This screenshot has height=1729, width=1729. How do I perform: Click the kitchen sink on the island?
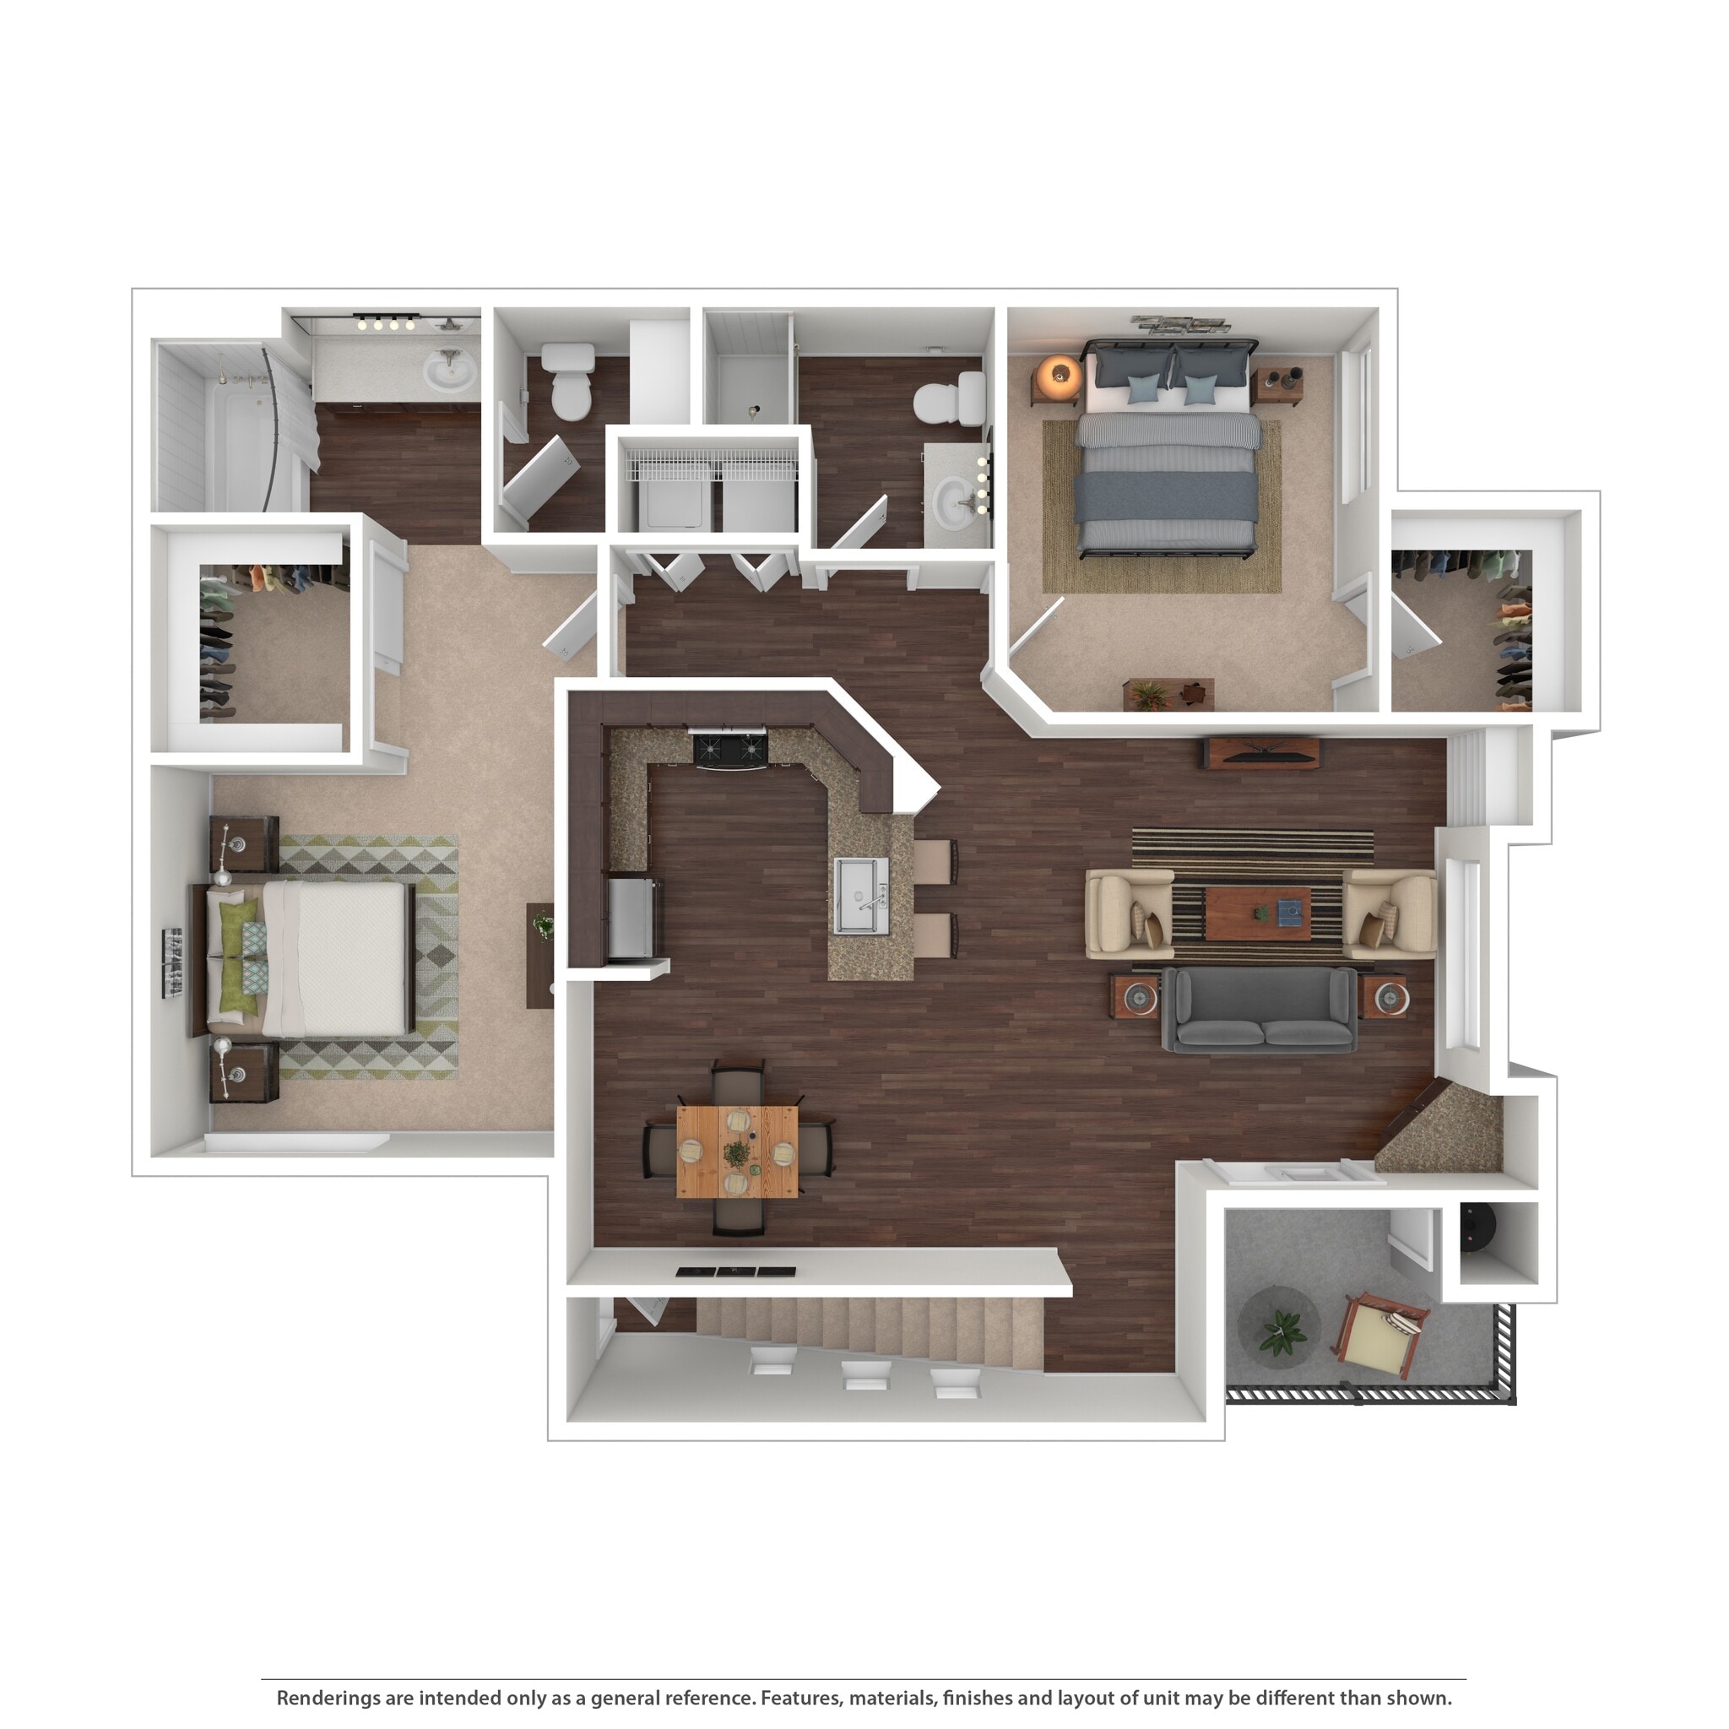[x=861, y=895]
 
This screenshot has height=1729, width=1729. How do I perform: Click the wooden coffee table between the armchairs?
[x=1257, y=913]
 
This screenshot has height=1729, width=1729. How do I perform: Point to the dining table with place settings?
[x=736, y=1152]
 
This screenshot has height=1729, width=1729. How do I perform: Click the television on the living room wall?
[x=1260, y=754]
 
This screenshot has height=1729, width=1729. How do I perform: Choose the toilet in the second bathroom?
[x=953, y=399]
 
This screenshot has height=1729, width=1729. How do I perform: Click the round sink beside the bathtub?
[x=448, y=370]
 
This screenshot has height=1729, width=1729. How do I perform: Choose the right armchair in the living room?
[x=1390, y=914]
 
